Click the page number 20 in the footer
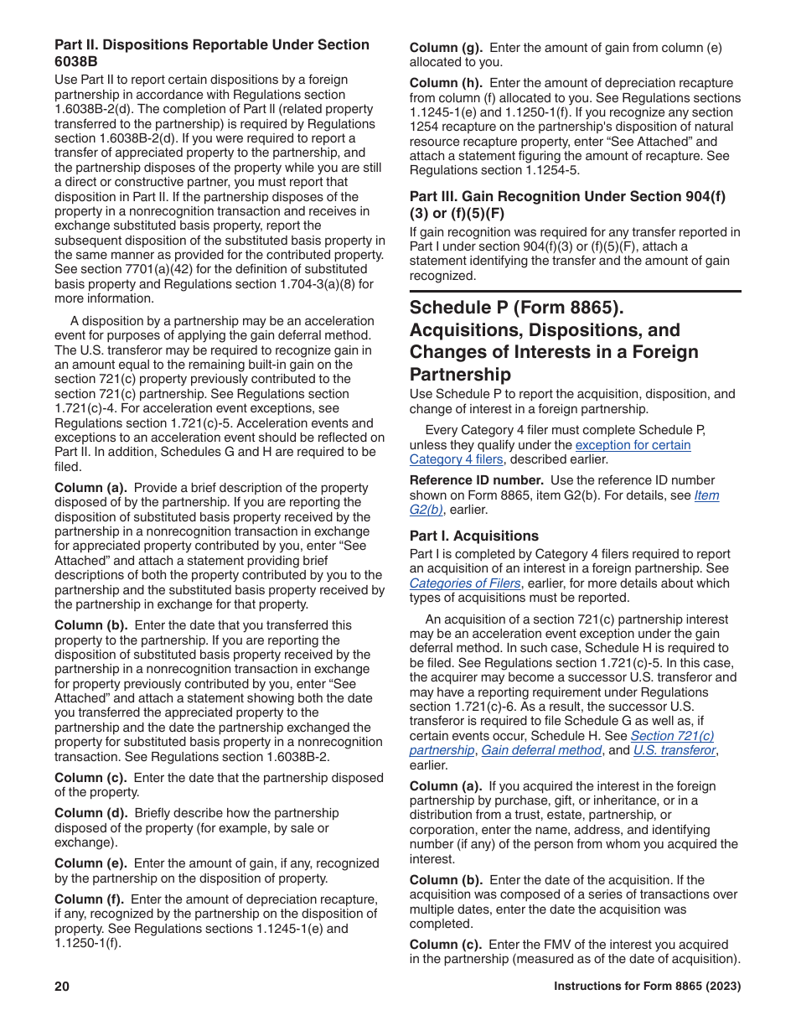click(x=62, y=987)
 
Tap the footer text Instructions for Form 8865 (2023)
click(x=647, y=987)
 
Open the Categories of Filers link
click(x=464, y=583)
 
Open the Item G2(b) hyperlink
click(x=706, y=495)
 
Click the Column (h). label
click(x=446, y=83)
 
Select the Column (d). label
click(x=91, y=812)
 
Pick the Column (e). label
click(x=91, y=863)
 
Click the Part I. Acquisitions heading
click(x=473, y=536)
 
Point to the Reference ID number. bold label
click(x=476, y=480)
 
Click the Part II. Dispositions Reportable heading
click(x=211, y=44)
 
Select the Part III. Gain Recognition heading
click(x=566, y=196)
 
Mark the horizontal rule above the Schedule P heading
click(x=575, y=291)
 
